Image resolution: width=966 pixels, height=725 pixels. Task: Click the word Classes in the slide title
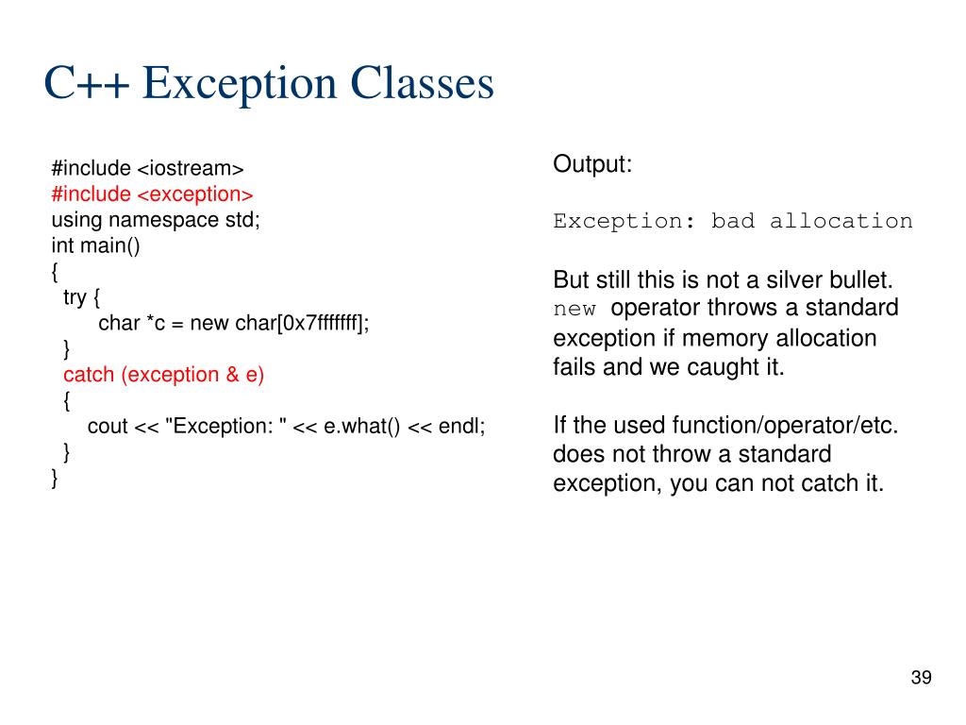422,83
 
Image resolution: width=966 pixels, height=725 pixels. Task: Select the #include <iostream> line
147,169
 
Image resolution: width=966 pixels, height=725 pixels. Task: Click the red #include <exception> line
152,194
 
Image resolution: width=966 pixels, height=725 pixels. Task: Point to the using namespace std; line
155,220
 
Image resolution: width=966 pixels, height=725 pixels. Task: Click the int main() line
95,245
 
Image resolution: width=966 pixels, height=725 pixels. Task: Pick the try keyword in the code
75,297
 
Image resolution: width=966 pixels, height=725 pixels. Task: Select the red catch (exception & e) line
164,375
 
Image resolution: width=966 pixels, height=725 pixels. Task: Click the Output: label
592,164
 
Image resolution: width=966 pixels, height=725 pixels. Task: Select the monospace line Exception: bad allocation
733,222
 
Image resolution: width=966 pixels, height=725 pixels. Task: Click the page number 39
921,678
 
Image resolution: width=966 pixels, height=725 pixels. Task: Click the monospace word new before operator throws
575,310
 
